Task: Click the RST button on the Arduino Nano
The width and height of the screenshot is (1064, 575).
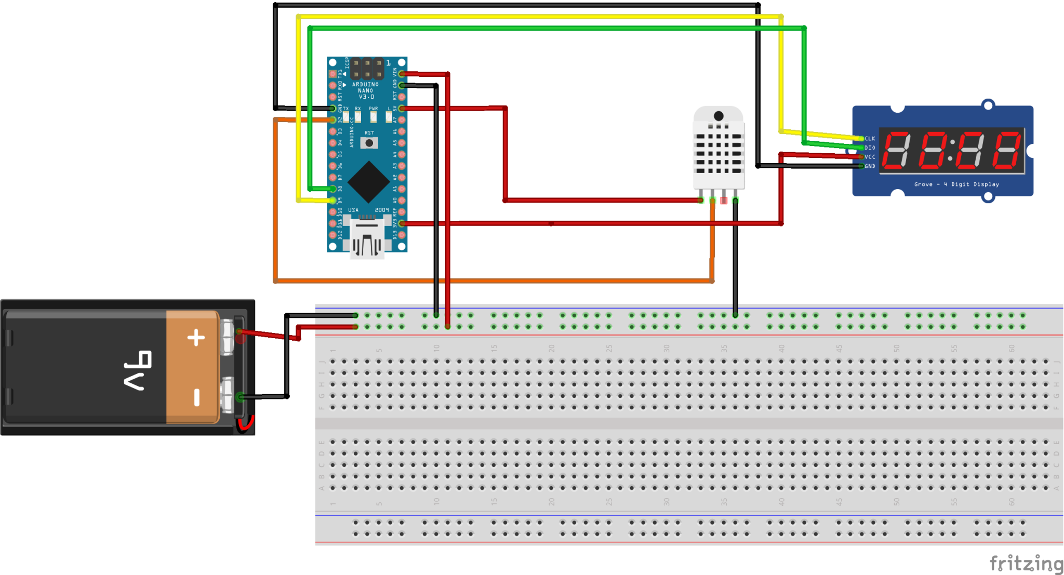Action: (x=369, y=143)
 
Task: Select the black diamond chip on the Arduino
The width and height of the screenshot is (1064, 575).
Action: (x=368, y=182)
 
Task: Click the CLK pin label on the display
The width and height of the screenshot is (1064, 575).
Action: (x=870, y=139)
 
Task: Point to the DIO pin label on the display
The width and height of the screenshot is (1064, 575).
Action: (x=870, y=148)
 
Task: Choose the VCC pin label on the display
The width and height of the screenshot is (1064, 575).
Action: (x=870, y=157)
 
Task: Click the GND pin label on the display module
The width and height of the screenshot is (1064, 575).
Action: (x=870, y=166)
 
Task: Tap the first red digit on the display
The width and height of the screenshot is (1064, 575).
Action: (x=897, y=151)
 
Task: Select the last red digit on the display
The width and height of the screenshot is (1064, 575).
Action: (x=1007, y=151)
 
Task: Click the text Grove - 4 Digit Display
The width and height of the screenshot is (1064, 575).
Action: (x=956, y=184)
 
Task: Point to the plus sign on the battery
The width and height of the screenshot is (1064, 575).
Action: (x=196, y=338)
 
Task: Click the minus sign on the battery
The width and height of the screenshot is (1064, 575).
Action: (x=197, y=397)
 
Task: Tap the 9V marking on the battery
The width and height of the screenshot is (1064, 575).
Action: (x=137, y=370)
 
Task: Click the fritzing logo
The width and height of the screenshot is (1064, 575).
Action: (x=1026, y=563)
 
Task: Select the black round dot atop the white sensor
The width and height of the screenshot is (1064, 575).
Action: (x=719, y=116)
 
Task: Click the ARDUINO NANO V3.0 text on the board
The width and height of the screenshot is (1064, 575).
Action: (x=366, y=90)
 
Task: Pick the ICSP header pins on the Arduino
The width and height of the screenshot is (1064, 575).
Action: (x=367, y=69)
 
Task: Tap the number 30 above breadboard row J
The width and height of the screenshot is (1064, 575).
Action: (x=667, y=349)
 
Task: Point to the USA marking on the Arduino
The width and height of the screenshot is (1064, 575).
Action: (x=353, y=210)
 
